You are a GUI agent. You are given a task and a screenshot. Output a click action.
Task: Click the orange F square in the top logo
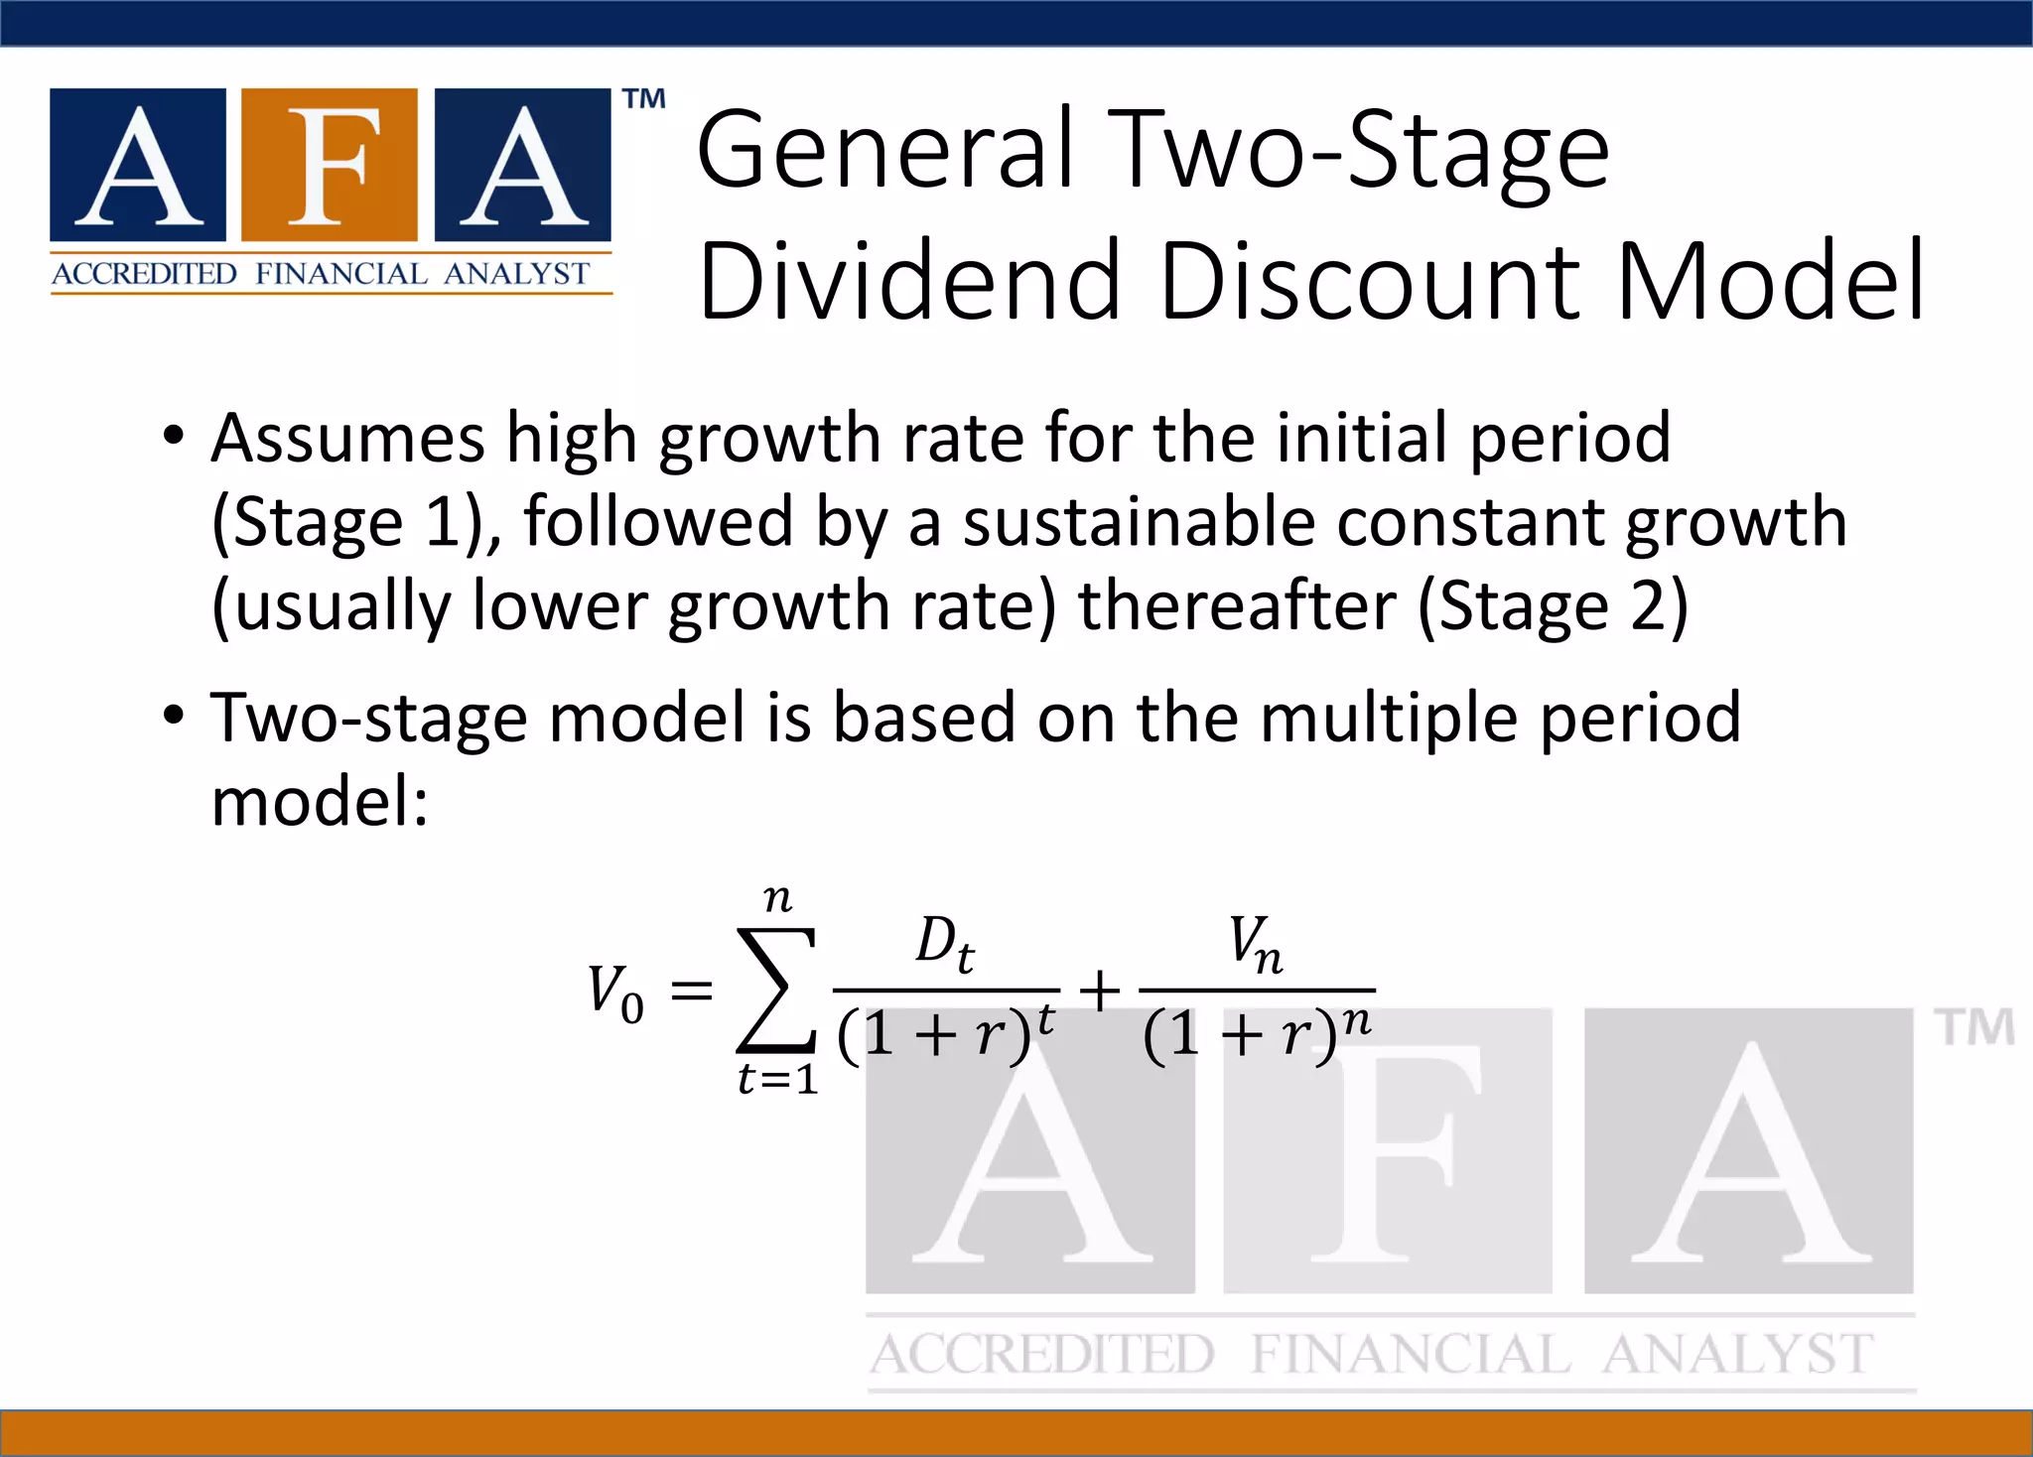click(x=329, y=165)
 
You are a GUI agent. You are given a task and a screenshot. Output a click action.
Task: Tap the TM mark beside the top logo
click(x=644, y=99)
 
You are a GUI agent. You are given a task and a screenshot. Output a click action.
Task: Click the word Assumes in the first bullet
click(x=348, y=439)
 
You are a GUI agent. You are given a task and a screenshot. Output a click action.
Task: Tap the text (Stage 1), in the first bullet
click(x=357, y=523)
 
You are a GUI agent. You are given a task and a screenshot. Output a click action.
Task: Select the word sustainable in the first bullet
click(x=1138, y=523)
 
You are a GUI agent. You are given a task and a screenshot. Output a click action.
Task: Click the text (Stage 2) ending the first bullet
click(x=1552, y=606)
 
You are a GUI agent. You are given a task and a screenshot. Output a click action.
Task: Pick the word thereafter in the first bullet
click(x=1237, y=606)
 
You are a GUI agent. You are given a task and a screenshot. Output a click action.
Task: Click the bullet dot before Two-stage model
click(x=174, y=715)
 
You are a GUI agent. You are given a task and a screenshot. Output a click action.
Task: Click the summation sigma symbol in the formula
click(x=776, y=990)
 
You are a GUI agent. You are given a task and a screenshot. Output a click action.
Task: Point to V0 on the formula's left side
click(x=615, y=992)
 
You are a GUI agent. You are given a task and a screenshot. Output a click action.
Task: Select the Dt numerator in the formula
click(x=944, y=942)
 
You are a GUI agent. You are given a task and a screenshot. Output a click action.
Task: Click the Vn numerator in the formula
click(x=1256, y=942)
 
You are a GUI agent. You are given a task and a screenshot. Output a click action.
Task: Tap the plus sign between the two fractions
click(x=1100, y=992)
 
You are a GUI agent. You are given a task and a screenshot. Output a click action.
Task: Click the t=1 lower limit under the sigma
click(x=777, y=1079)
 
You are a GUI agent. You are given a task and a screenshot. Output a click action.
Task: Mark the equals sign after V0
click(x=692, y=991)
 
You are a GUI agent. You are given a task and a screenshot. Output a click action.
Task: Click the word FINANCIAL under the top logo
click(x=340, y=274)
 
